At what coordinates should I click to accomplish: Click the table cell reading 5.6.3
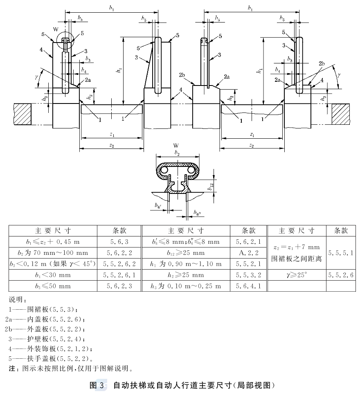[119, 242]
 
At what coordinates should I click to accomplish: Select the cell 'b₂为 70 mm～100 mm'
[53, 253]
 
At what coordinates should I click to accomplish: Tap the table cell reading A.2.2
[248, 253]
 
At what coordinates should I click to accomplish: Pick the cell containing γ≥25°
[297, 275]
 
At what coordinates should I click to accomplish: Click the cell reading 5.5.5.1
[341, 253]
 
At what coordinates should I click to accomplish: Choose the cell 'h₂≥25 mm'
[186, 275]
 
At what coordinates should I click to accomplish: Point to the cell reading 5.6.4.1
[248, 286]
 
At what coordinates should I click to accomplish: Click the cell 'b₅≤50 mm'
[53, 286]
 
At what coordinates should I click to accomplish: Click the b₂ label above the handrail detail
[177, 153]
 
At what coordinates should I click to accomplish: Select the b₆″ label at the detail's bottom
[197, 213]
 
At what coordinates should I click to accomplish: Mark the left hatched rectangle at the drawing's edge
[22, 114]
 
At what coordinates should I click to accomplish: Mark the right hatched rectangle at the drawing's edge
[341, 114]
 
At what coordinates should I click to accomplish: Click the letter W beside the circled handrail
[56, 29]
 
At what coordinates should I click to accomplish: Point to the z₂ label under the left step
[112, 146]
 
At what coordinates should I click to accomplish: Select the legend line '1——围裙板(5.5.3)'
[43, 309]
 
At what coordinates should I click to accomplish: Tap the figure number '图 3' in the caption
[97, 385]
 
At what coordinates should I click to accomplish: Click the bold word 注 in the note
[12, 368]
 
